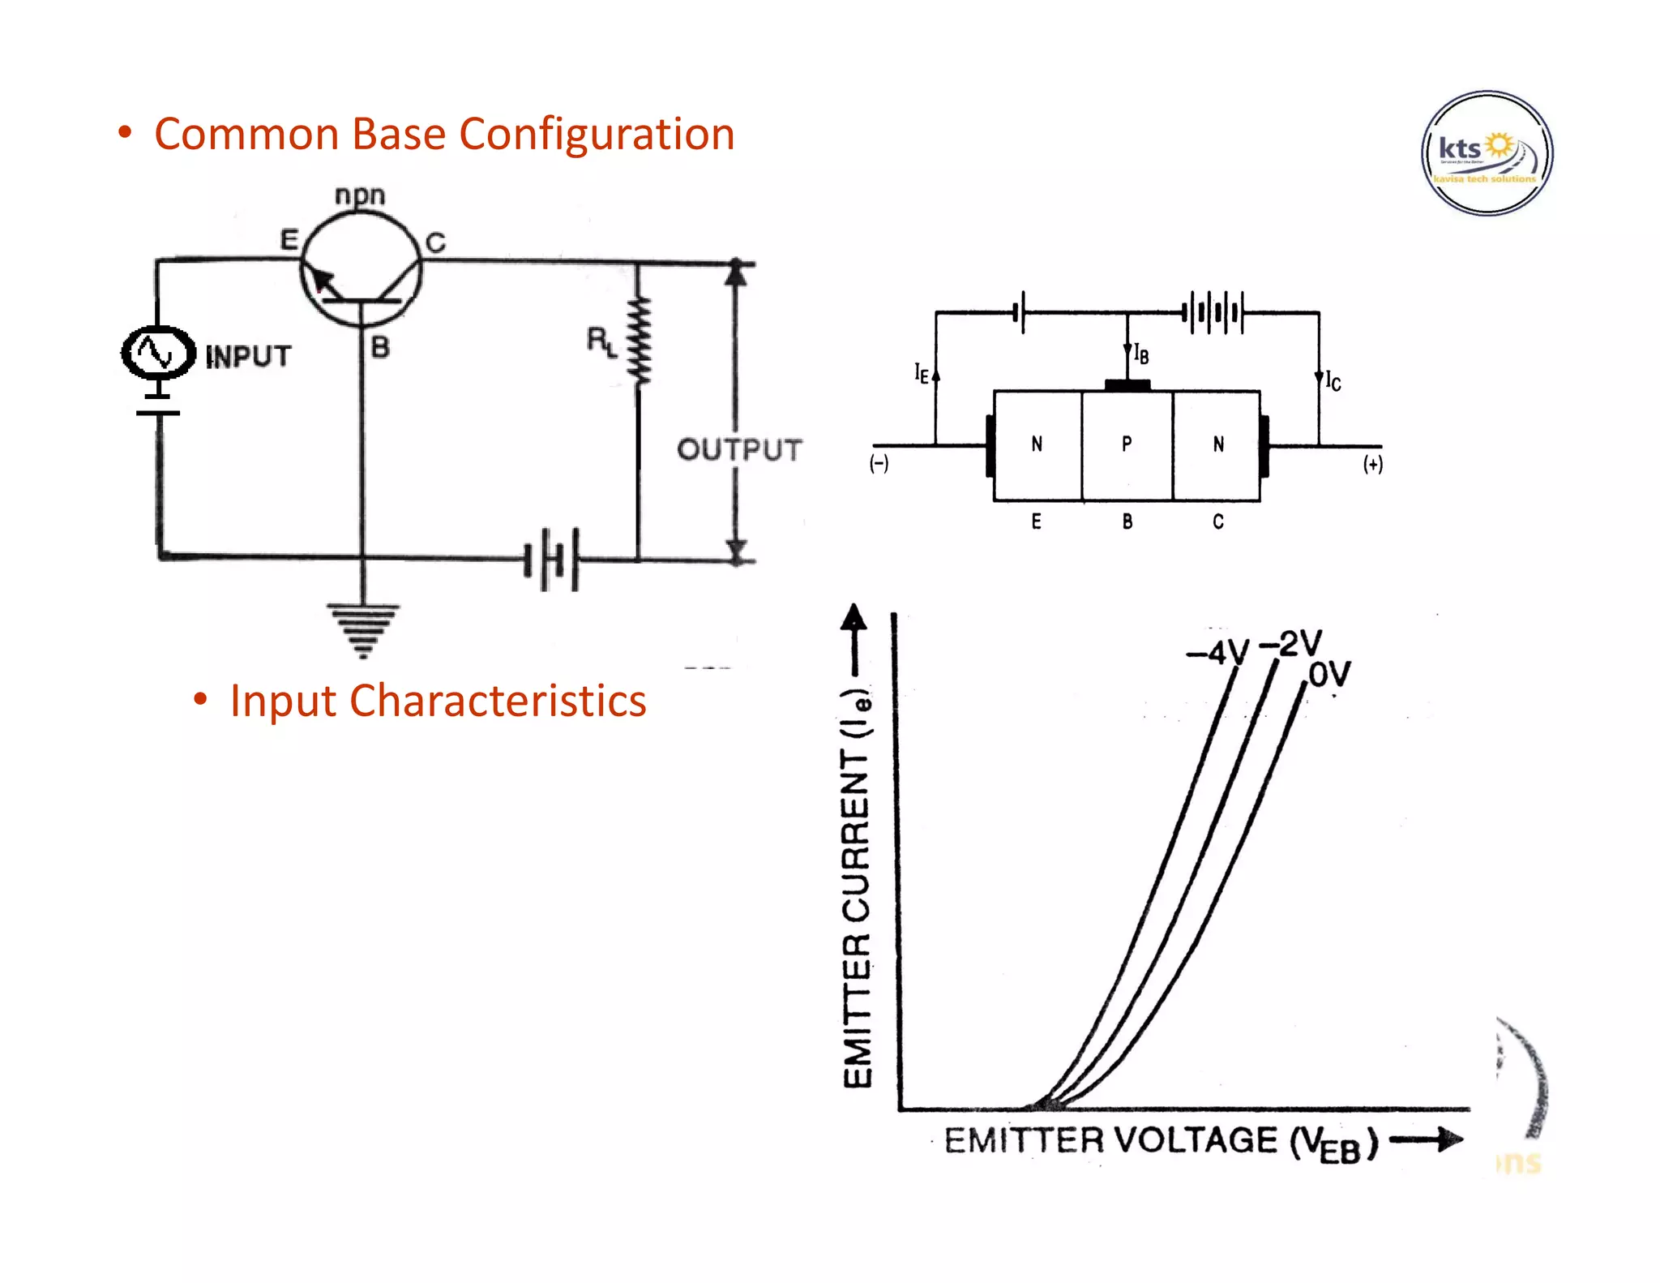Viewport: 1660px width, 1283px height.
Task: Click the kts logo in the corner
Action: [x=1487, y=153]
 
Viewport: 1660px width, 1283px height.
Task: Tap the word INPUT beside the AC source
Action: [x=248, y=356]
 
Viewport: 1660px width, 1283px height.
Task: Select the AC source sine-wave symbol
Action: [x=157, y=353]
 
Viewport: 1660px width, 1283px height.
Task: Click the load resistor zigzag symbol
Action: [x=639, y=341]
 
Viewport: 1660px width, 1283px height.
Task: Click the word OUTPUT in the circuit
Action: [x=739, y=449]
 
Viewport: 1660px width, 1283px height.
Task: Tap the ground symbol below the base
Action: [x=362, y=629]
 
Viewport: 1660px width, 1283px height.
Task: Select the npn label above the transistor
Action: [x=360, y=195]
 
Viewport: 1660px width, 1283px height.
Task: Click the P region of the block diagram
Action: [x=1127, y=444]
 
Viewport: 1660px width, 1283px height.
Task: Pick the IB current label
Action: [x=1141, y=354]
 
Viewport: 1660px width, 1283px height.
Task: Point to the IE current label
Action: [x=922, y=373]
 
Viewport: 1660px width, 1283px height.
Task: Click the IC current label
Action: [x=1333, y=380]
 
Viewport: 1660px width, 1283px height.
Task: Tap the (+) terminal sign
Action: [x=1372, y=464]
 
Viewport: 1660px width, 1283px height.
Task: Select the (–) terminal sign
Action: [x=879, y=464]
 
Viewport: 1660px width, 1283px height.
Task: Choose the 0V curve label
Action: [x=1330, y=674]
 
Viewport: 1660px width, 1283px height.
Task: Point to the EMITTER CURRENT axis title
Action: [x=857, y=888]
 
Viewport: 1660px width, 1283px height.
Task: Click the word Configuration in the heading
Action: [x=597, y=135]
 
